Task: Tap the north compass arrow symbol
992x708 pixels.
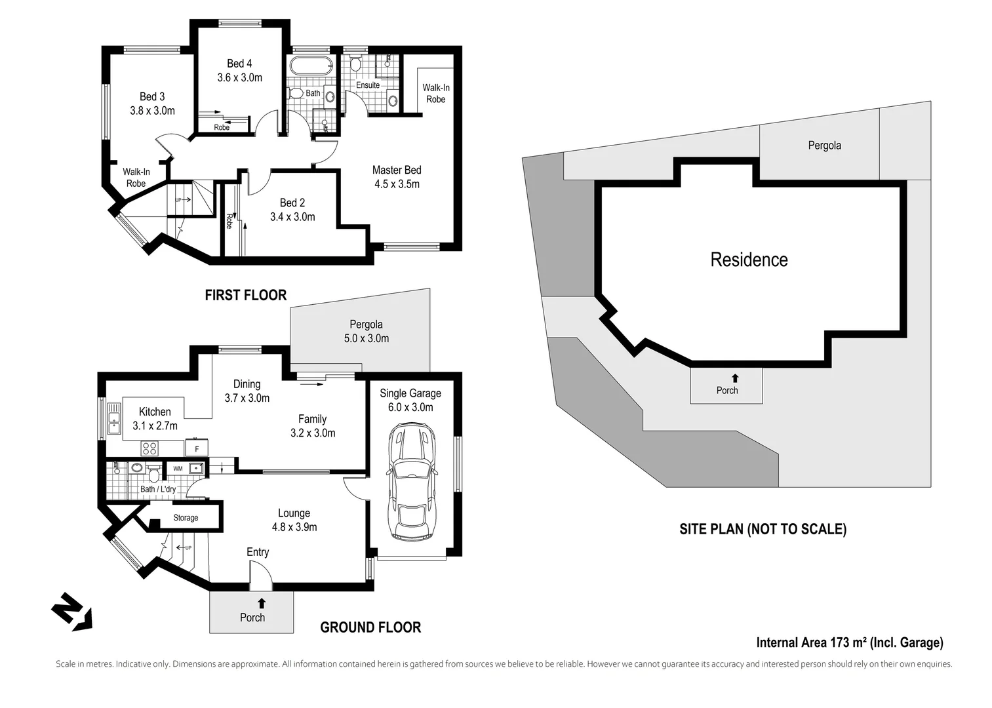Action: tap(71, 612)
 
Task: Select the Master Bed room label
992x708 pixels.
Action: tap(397, 170)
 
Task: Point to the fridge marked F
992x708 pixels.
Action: tap(197, 449)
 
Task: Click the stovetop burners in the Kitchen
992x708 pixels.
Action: tap(149, 448)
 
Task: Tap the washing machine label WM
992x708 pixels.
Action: tap(178, 469)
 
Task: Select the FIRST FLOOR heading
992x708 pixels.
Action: tap(245, 295)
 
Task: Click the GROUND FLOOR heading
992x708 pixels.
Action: tap(370, 627)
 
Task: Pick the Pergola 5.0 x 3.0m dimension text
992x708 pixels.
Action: tap(366, 338)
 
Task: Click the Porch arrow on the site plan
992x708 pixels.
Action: tap(735, 378)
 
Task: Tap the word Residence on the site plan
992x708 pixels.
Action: tap(749, 260)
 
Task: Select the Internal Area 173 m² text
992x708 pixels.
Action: tap(849, 642)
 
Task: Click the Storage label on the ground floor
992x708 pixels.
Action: tap(186, 518)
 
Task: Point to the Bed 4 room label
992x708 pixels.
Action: tap(239, 64)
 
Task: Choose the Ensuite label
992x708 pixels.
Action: tap(368, 85)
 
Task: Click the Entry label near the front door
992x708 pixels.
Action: tap(258, 552)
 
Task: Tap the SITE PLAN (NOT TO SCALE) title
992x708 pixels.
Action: tap(763, 529)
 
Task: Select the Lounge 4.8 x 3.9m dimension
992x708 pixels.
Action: tap(294, 527)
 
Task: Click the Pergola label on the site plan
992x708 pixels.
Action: tap(824, 146)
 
